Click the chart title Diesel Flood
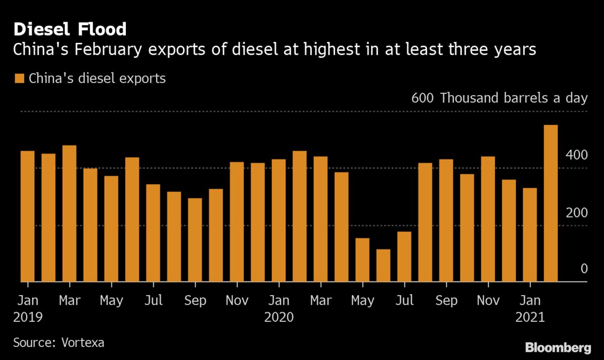pos(70,29)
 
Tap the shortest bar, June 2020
pos(383,265)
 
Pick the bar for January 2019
pos(27,216)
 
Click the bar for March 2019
pos(69,213)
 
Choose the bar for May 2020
pos(362,260)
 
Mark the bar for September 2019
pos(195,240)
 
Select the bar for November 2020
pos(488,219)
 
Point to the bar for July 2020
pos(404,256)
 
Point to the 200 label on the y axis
pos(577,212)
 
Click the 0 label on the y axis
pos(584,269)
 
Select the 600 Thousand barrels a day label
pos(499,98)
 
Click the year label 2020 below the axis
pos(278,318)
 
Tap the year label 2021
pos(530,318)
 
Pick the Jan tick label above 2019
pos(27,301)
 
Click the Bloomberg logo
pos(558,347)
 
